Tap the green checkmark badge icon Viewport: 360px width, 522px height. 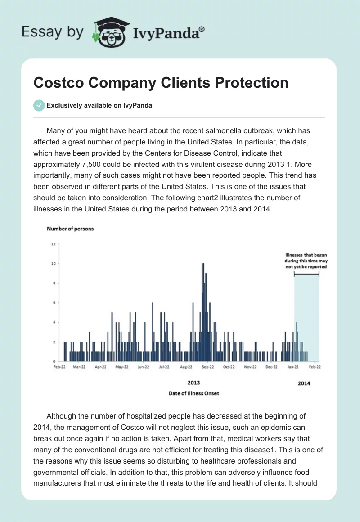(x=39, y=105)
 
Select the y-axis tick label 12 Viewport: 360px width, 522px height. (x=53, y=244)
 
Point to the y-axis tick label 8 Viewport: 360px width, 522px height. (x=54, y=283)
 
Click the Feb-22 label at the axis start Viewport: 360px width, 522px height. (x=59, y=367)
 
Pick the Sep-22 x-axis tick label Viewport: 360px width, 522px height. (x=207, y=367)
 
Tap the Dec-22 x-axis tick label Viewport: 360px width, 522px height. (x=271, y=367)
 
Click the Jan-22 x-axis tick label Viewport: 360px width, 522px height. (x=293, y=367)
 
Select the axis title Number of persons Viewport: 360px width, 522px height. (x=70, y=229)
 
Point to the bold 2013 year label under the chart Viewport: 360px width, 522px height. (x=193, y=382)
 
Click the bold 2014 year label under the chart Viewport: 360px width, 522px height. (x=304, y=383)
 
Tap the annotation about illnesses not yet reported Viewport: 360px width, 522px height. (x=306, y=261)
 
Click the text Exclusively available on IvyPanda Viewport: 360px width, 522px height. (x=99, y=106)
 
